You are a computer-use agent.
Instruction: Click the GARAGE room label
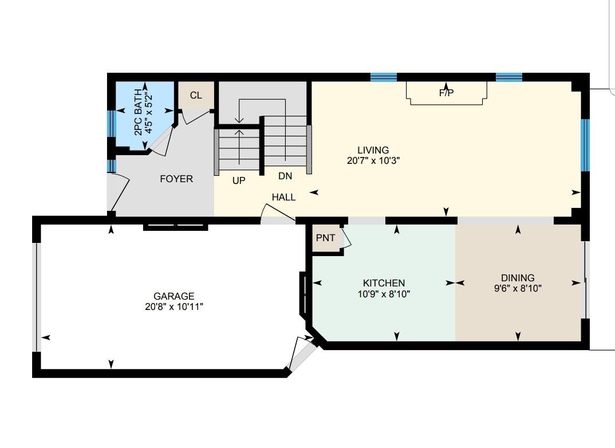pos(174,296)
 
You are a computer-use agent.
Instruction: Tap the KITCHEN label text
pos(384,283)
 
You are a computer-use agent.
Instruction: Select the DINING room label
pos(518,278)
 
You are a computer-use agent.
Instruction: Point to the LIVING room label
pos(373,150)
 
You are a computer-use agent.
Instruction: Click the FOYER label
pos(176,179)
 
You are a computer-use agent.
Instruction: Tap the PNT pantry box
pos(326,238)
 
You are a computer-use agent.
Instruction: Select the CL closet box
pos(196,95)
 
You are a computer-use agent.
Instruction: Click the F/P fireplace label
pos(446,93)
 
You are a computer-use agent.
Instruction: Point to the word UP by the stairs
pos(239,180)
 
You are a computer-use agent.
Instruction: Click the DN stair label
pos(285,176)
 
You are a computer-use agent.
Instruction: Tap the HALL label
pos(283,197)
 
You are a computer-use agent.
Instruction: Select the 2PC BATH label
pos(138,113)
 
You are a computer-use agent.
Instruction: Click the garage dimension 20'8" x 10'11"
pos(174,306)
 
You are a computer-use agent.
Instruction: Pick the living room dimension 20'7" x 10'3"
pos(373,160)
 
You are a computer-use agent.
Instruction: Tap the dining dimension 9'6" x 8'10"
pos(518,288)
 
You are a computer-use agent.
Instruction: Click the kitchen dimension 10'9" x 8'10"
pos(384,293)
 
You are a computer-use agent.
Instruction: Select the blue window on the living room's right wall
pos(585,145)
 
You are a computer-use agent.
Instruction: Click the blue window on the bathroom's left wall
pos(112,123)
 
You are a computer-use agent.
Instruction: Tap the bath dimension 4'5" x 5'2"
pos(148,113)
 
